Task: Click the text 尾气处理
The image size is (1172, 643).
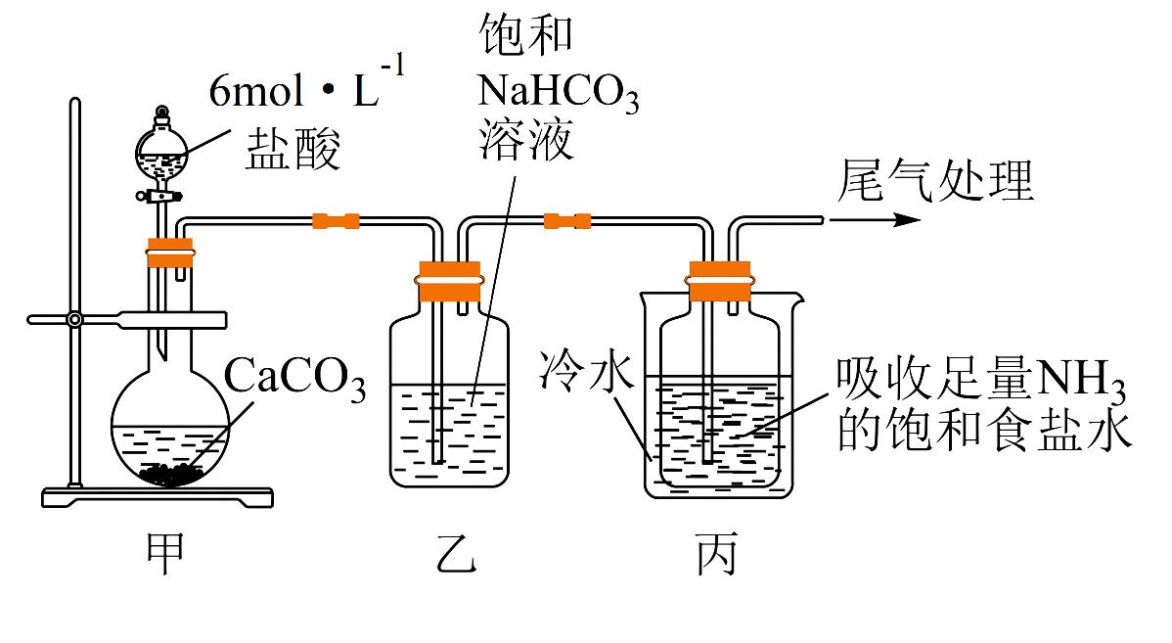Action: (x=936, y=181)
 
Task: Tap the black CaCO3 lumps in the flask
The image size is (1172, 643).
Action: (x=172, y=475)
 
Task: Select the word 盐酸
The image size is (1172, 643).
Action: (x=293, y=152)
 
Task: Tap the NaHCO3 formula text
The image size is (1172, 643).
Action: (x=559, y=94)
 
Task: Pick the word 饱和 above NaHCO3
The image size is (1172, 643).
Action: (x=526, y=36)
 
